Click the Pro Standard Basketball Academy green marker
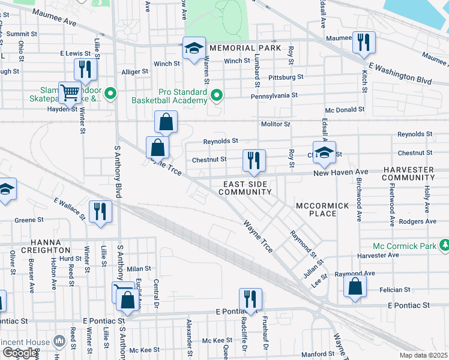coord(218,94)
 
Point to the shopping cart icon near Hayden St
coord(70,92)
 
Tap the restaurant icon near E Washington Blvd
coord(364,42)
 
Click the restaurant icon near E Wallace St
coord(99,211)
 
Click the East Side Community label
coord(245,187)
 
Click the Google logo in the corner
coord(19,353)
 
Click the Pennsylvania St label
coord(274,95)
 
